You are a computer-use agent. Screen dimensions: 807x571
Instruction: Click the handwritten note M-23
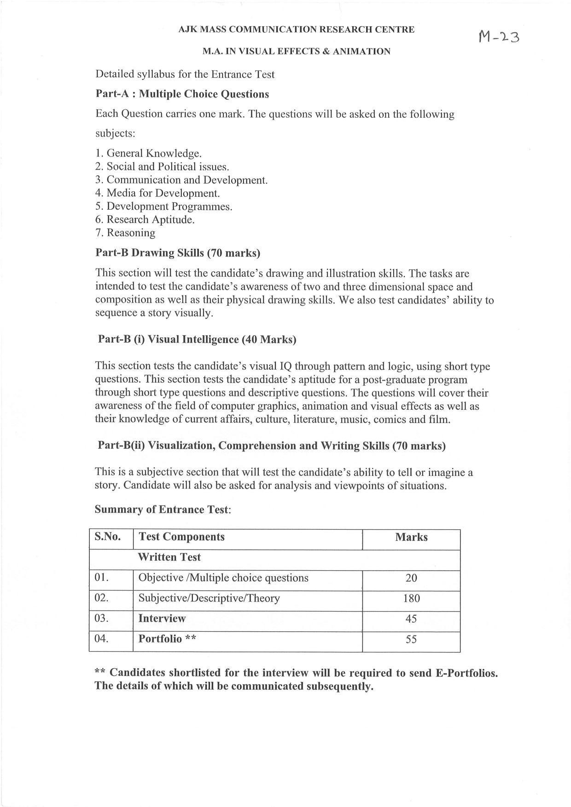click(x=498, y=36)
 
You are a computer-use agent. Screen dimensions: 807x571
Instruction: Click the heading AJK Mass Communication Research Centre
click(x=296, y=30)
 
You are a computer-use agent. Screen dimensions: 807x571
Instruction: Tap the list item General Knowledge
click(x=149, y=153)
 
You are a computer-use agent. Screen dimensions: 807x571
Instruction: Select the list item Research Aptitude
click(x=145, y=219)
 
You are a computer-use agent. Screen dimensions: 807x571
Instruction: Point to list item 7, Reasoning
click(x=125, y=233)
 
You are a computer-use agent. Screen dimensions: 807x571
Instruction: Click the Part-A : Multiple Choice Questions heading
click(x=182, y=94)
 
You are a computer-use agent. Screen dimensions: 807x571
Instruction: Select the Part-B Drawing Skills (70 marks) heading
click(x=177, y=252)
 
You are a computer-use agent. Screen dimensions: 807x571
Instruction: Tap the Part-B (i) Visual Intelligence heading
click(x=197, y=339)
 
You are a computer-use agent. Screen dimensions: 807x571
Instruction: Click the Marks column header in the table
click(x=411, y=537)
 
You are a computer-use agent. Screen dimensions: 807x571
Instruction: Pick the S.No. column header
click(x=108, y=537)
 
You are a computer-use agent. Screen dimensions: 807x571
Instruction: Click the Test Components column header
click(x=181, y=537)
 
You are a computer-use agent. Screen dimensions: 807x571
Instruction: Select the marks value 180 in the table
click(x=411, y=598)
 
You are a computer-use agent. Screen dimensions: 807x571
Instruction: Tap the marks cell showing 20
click(x=411, y=578)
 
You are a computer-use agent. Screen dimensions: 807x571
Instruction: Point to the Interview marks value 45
click(x=411, y=618)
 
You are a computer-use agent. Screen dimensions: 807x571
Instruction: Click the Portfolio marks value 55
click(x=411, y=639)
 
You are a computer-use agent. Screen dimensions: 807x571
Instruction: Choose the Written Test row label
click(x=169, y=557)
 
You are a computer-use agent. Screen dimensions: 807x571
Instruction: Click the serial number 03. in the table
click(x=101, y=618)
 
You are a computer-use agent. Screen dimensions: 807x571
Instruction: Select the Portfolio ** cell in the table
click(x=167, y=639)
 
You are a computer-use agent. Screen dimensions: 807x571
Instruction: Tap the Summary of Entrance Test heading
click(x=162, y=509)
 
